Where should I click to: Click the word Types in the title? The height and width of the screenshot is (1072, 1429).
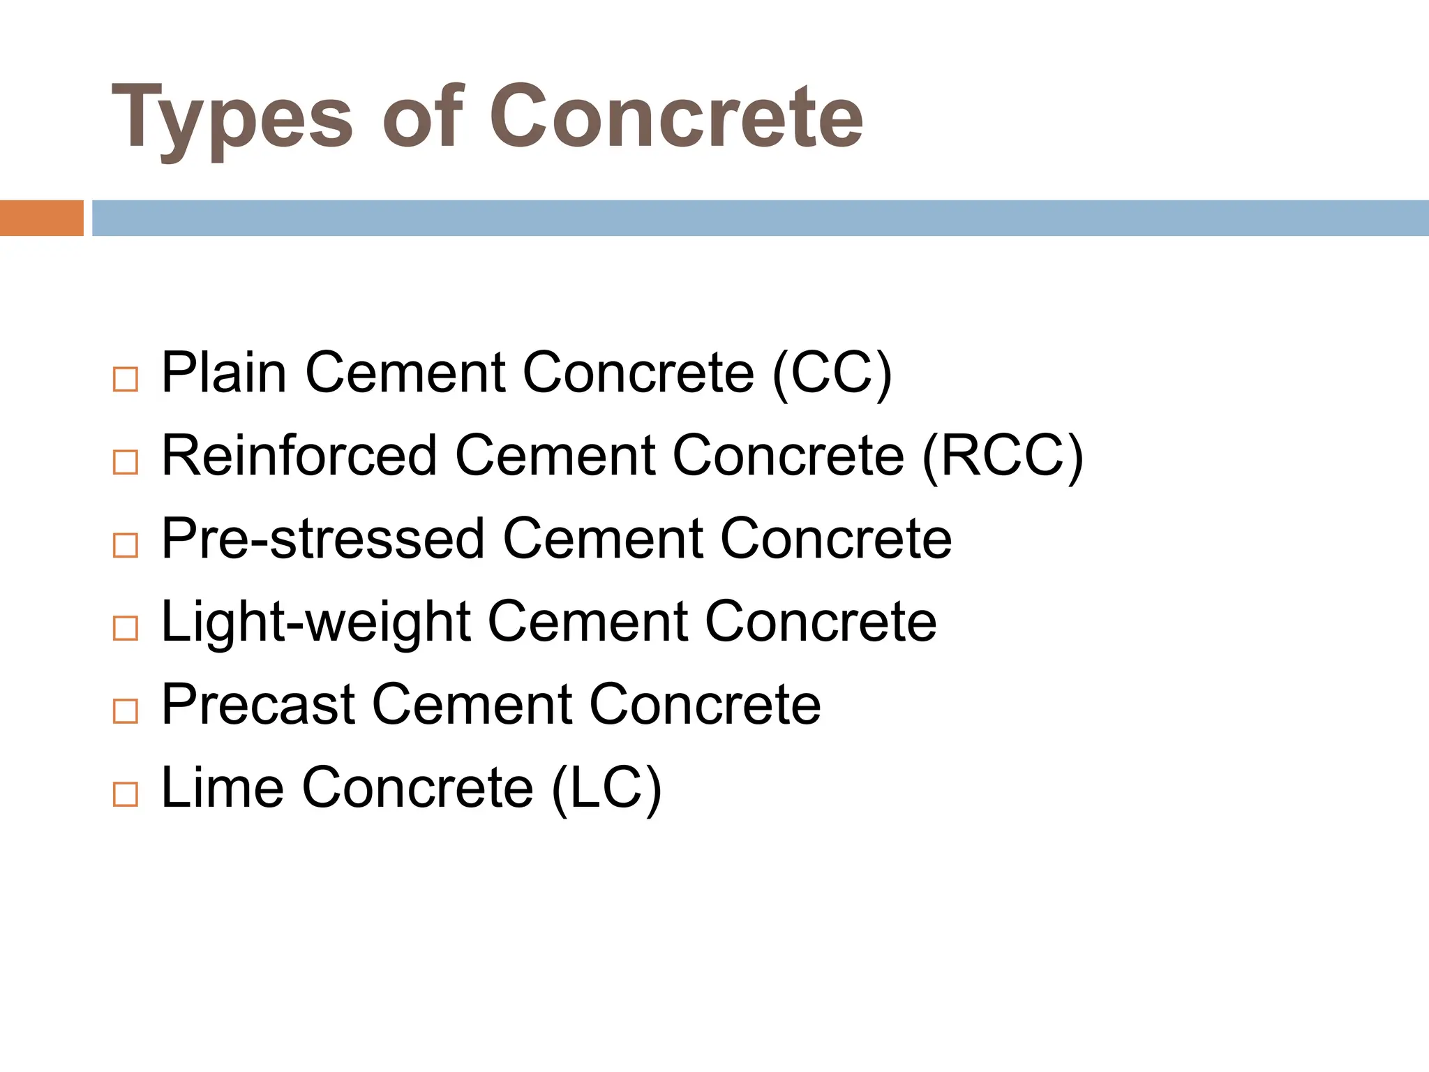pos(232,119)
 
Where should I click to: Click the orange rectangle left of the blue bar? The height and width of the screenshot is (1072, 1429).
pos(41,218)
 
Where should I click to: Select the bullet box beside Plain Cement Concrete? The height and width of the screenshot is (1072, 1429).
pos(126,380)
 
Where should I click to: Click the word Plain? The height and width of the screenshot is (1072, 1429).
pos(223,373)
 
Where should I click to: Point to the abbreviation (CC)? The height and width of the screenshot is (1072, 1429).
pos(832,374)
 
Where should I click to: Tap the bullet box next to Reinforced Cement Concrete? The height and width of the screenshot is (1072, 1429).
pos(126,462)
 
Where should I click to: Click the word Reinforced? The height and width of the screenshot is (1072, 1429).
pos(299,455)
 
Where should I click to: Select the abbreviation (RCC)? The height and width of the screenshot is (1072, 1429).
pos(1003,456)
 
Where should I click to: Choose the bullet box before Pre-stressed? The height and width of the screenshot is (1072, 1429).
pos(126,545)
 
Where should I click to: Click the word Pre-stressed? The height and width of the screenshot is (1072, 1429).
pos(323,539)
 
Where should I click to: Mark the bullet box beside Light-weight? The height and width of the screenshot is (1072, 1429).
pos(126,628)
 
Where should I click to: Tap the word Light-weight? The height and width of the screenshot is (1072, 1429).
pos(315,622)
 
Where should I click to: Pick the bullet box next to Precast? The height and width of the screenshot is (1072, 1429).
pos(126,711)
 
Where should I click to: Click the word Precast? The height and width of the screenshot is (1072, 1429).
pos(258,704)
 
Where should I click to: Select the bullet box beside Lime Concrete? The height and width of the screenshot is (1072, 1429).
pos(126,794)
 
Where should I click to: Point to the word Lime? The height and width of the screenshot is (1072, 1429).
pos(223,787)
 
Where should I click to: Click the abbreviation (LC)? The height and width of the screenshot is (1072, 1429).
pos(606,789)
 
